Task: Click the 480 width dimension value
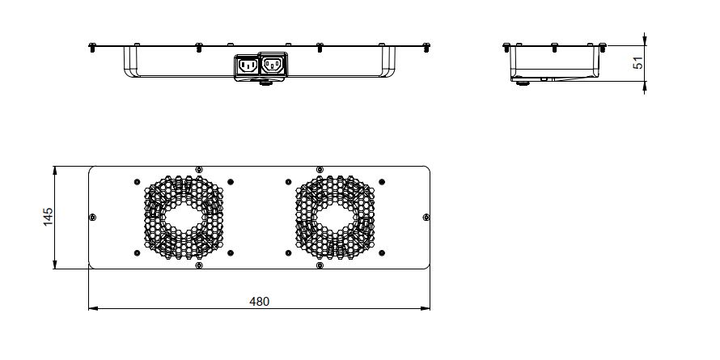[259, 302]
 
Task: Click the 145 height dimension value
[48, 217]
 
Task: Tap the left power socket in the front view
[246, 66]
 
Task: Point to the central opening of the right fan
[333, 218]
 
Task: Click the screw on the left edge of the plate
[91, 217]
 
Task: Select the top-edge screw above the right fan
[320, 170]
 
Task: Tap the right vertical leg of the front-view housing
[391, 61]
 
